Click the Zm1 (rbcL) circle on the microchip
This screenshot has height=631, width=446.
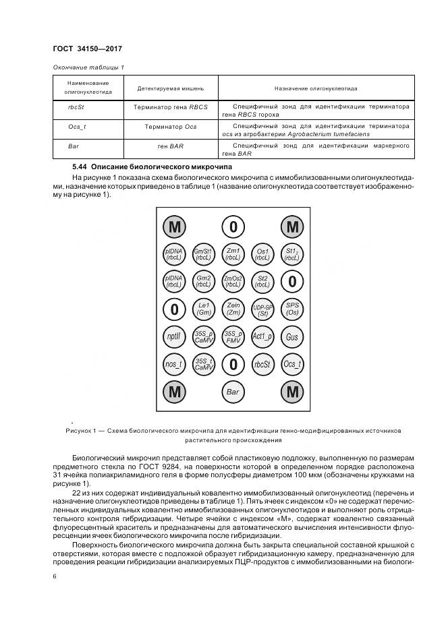click(x=233, y=253)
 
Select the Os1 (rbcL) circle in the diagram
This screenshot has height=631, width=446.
click(x=262, y=253)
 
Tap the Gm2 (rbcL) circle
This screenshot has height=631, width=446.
click(x=204, y=281)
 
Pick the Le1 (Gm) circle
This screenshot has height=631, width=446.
click(x=204, y=309)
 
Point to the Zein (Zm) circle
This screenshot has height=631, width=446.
click(x=233, y=309)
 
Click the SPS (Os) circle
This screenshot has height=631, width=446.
click(x=292, y=309)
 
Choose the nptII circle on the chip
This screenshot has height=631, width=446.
click(x=174, y=336)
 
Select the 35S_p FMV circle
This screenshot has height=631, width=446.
click(x=233, y=336)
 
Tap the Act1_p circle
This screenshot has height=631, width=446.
click(x=262, y=336)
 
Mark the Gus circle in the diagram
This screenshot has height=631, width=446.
click(x=292, y=336)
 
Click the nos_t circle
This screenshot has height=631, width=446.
click(x=174, y=364)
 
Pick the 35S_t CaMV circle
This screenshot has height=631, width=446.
click(x=204, y=364)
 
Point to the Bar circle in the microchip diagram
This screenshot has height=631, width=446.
click(x=233, y=392)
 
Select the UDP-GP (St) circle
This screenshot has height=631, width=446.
click(x=262, y=309)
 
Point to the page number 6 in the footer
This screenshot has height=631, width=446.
click(x=55, y=576)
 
